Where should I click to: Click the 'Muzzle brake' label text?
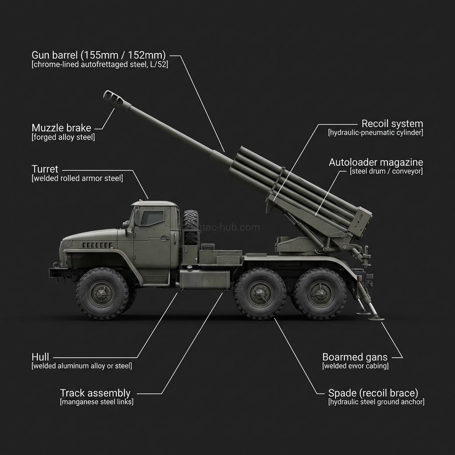point(61,128)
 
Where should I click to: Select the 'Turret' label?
point(45,169)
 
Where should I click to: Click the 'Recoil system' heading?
point(392,124)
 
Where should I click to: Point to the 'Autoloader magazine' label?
point(376,162)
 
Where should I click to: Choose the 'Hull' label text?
point(40,357)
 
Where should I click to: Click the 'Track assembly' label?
point(95,393)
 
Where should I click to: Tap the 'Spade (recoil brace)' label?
point(373,393)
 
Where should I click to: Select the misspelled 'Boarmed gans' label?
point(355,357)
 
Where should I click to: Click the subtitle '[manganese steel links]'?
point(96,402)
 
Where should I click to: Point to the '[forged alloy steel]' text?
point(63,137)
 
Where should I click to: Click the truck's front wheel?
point(102,293)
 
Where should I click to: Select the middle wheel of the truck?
point(260,293)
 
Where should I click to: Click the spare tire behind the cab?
point(191,227)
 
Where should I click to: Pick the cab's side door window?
point(152,218)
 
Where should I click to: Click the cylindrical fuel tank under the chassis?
point(205,279)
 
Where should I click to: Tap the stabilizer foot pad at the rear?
point(376,318)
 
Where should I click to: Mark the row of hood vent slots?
point(97,245)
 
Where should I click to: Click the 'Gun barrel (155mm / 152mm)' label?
point(99,55)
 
